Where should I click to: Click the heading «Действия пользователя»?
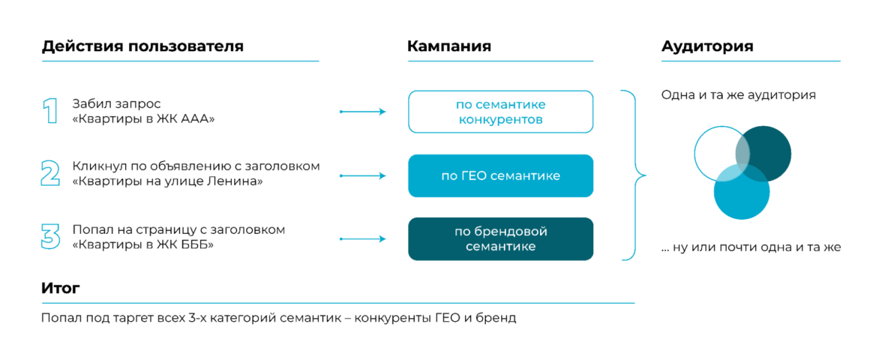142,46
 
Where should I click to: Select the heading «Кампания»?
448,46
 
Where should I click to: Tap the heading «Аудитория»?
707,46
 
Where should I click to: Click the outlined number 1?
49,111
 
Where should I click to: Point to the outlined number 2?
50,174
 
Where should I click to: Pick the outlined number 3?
50,236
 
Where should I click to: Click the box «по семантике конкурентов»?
500,112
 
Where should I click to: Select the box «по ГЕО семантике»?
500,175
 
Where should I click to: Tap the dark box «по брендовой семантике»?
500,238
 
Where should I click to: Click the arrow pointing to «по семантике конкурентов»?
363,112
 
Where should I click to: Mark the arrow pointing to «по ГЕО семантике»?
363,175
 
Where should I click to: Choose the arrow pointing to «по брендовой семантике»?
363,239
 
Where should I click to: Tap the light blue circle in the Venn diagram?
741,196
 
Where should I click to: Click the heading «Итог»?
61,288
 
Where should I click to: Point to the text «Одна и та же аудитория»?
739,96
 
